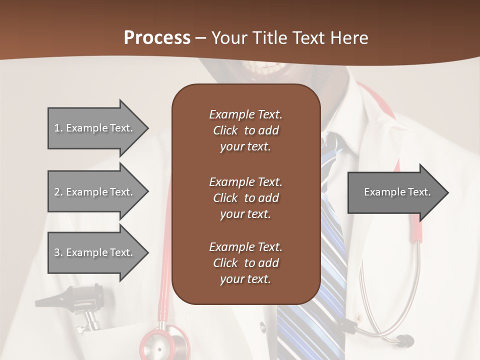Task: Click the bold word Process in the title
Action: [157, 38]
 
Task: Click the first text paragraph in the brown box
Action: [245, 130]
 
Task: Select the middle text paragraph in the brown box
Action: [245, 198]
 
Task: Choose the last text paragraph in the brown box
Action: [245, 263]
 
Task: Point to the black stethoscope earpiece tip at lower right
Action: [405, 341]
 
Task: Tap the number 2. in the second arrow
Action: [58, 192]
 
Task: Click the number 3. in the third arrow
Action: [58, 252]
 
